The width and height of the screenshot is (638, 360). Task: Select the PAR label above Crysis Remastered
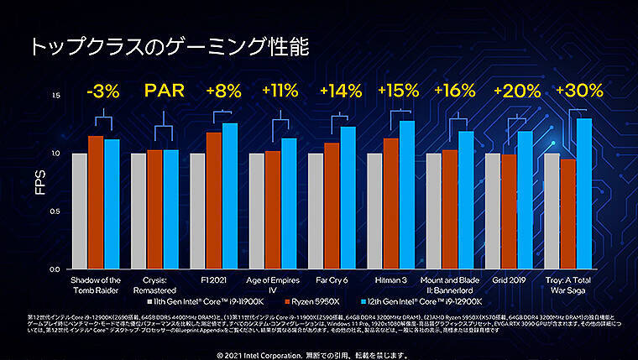[162, 91]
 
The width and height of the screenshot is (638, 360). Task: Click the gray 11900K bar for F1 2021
[197, 211]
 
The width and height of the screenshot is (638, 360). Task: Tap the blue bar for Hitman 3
[407, 195]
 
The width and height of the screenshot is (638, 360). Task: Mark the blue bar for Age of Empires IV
[289, 203]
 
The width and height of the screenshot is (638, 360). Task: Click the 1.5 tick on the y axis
[56, 96]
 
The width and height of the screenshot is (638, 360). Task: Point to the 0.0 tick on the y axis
[56, 269]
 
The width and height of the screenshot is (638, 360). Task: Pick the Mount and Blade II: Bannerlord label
[449, 284]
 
